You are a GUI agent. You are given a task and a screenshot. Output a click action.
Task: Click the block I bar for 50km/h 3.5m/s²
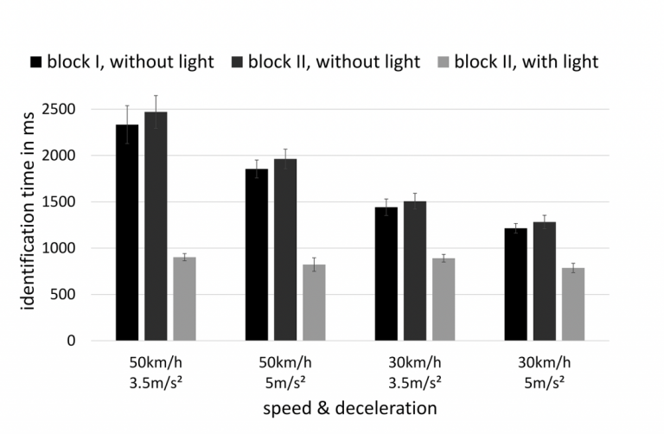coord(127,233)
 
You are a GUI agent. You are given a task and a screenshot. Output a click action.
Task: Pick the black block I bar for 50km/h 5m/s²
coord(257,254)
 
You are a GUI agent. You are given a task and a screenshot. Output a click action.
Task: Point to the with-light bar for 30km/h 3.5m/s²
coord(444,299)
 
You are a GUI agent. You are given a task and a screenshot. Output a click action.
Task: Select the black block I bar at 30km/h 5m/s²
coord(516,284)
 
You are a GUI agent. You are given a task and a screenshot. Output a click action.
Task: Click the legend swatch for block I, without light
coord(36,62)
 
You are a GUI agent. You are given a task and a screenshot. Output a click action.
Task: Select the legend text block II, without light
coord(334,62)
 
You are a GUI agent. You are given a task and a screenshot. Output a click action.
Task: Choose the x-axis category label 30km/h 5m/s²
coord(545,369)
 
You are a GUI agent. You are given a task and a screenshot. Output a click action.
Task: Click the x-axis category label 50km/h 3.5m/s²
coord(156,369)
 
